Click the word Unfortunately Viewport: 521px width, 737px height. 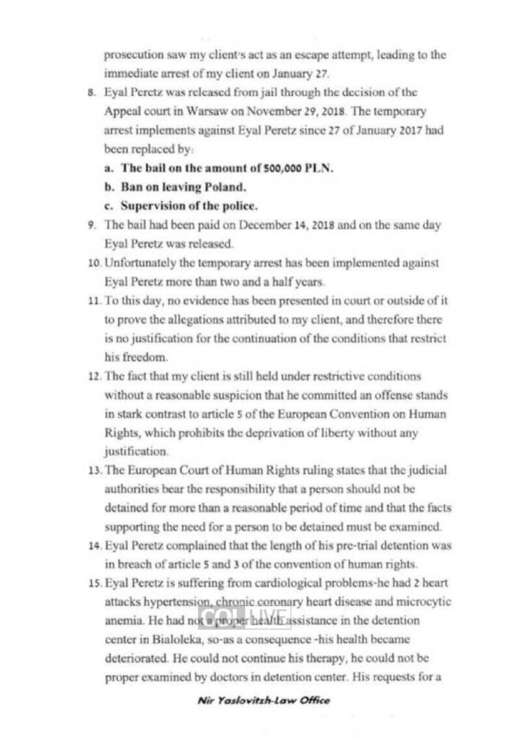pyautogui.click(x=139, y=263)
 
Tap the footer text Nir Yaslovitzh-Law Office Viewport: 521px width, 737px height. pyautogui.click(x=263, y=699)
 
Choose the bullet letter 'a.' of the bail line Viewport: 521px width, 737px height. pyautogui.click(x=108, y=167)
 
